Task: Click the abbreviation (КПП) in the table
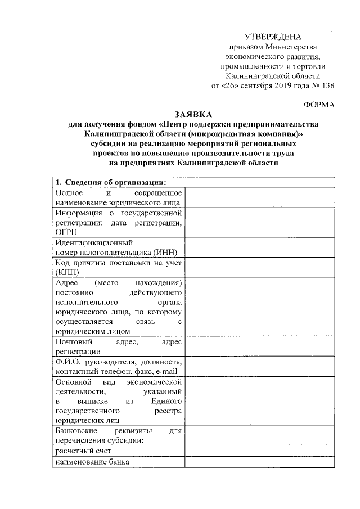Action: tap(67, 273)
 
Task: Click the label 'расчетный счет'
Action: tap(83, 451)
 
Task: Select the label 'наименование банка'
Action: tap(92, 462)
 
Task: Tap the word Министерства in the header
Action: tap(295, 46)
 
